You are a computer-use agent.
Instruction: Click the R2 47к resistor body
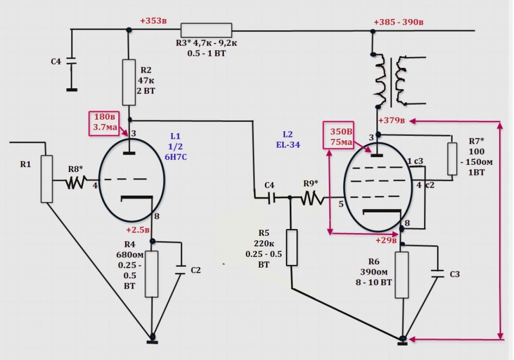tap(128, 82)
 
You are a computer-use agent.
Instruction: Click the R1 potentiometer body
tap(47, 179)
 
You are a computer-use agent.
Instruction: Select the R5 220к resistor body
tap(291, 248)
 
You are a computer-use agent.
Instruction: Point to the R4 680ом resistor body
tap(152, 274)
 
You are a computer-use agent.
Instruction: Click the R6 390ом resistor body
tap(402, 274)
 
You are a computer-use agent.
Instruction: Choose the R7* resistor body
tap(452, 159)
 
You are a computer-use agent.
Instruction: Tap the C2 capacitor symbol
tap(180, 270)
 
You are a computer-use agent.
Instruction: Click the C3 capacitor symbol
tap(437, 274)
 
